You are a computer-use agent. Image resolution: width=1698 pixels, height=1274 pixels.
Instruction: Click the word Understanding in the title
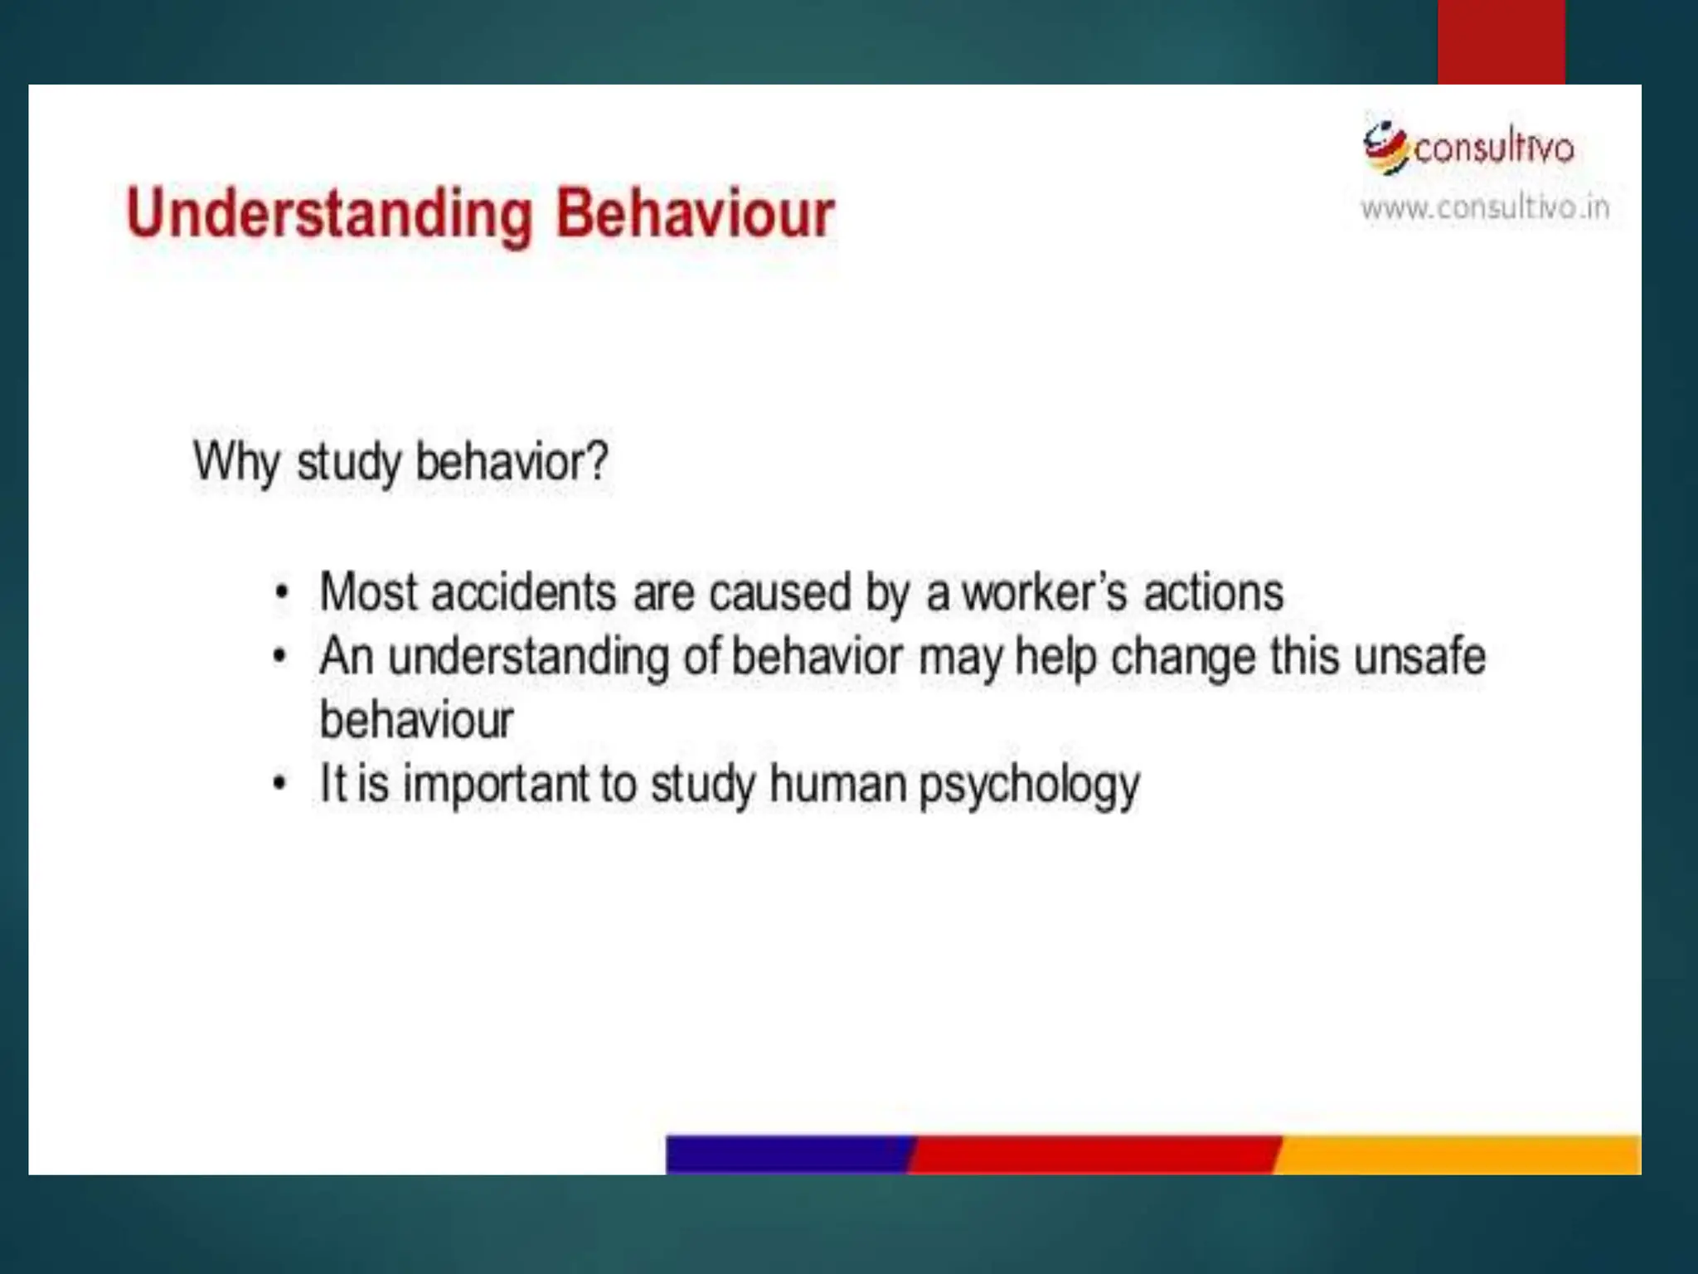coord(328,215)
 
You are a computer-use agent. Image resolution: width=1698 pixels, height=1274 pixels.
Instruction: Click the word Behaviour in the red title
coord(695,215)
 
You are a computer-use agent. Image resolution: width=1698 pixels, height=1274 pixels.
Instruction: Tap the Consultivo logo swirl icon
coord(1385,148)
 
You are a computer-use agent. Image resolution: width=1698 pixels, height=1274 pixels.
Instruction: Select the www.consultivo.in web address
coord(1484,207)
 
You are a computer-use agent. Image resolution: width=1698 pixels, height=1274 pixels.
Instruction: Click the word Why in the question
coord(236,461)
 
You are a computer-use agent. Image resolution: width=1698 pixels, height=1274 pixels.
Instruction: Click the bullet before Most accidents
coord(282,594)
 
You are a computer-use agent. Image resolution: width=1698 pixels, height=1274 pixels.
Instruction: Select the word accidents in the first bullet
coord(524,594)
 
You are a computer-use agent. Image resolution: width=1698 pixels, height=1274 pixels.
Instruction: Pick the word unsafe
coord(1419,658)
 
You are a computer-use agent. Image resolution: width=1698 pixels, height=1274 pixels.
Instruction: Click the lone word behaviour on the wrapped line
coord(416,720)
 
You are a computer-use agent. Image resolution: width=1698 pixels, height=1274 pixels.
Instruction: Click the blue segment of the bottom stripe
coord(788,1154)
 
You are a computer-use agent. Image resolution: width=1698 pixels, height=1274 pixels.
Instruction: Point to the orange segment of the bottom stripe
coord(1459,1154)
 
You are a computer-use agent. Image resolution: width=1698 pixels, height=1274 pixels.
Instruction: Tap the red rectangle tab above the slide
coord(1501,41)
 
